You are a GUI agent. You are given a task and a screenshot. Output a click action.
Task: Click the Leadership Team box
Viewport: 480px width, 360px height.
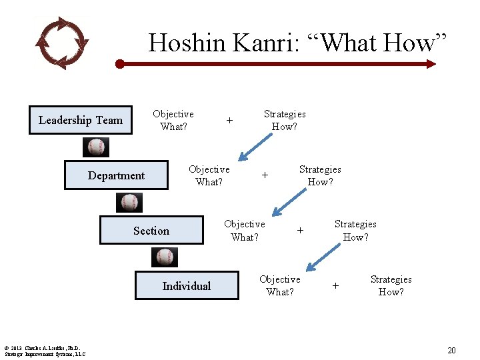[81, 120]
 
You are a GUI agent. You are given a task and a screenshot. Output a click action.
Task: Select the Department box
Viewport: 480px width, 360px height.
[116, 175]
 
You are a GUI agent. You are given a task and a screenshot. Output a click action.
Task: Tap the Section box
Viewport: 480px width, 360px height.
[151, 231]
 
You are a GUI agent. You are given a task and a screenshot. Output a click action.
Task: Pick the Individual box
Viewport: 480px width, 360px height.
[187, 285]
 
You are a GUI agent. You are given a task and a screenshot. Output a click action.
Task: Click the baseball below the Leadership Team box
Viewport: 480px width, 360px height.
[97, 147]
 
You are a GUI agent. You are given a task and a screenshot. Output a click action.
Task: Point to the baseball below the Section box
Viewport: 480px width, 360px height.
[165, 257]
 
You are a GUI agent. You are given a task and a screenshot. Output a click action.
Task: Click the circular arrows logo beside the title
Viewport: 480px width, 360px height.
[61, 43]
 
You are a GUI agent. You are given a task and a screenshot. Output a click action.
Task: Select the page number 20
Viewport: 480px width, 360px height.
[451, 351]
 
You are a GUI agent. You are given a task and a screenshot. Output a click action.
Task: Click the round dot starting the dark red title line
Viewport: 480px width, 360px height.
[119, 64]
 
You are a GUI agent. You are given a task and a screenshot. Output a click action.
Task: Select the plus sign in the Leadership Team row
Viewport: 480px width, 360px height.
[229, 121]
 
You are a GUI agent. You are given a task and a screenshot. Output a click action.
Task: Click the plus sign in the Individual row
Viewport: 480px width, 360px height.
[335, 285]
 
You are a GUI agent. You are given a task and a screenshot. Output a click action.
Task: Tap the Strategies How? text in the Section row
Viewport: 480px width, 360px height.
[355, 231]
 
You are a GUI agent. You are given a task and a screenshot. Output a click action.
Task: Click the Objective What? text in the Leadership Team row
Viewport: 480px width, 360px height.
[173, 120]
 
